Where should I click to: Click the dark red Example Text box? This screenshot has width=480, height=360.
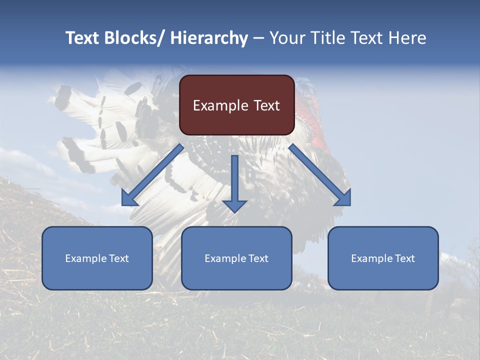pos(236,105)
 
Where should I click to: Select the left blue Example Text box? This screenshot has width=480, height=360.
pos(97,258)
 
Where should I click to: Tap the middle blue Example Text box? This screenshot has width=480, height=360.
pos(236,258)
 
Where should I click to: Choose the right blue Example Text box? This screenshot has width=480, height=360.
pos(383,258)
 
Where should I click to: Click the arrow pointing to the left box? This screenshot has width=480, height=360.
pos(152,175)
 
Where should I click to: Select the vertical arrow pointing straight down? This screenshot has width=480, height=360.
pos(234,182)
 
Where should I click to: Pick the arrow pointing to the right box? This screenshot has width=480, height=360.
pos(320,175)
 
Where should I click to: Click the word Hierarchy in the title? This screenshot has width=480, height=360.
pos(209,38)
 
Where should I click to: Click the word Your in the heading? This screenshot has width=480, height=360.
pos(286,38)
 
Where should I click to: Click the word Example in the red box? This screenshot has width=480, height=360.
pos(219,105)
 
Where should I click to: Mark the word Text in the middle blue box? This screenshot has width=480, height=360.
pos(257,258)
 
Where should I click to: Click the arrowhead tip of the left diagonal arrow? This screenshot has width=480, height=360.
pos(123,204)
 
